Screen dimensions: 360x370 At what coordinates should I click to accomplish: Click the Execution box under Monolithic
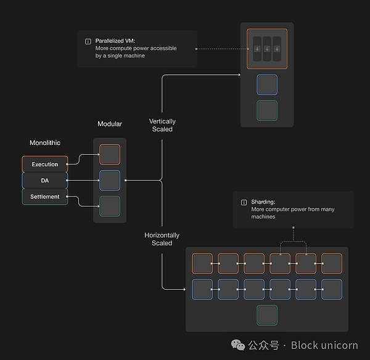45,165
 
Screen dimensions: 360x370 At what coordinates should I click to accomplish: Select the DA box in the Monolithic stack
45,181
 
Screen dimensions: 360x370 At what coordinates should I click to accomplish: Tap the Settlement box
45,197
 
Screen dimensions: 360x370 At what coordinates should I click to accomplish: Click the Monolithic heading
45,143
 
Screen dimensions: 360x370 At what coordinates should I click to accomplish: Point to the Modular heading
110,124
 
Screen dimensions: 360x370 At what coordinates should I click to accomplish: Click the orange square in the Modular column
110,155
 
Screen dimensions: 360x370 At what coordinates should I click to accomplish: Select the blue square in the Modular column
110,181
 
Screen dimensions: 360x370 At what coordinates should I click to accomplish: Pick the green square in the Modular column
110,206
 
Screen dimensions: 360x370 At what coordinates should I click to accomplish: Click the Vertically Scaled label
162,125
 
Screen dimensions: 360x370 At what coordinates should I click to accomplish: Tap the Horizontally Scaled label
162,239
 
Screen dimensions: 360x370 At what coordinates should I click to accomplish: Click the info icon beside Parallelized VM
88,41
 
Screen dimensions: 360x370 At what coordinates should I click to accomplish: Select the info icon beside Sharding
244,202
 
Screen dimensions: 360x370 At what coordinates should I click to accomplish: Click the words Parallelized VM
116,41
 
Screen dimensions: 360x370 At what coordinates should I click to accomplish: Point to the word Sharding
263,202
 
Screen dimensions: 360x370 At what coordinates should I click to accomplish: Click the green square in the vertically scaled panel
267,111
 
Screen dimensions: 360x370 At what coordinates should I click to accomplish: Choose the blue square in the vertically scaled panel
267,84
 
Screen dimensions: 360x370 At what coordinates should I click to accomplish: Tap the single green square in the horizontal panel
267,315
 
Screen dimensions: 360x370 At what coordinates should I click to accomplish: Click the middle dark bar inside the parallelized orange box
267,49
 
